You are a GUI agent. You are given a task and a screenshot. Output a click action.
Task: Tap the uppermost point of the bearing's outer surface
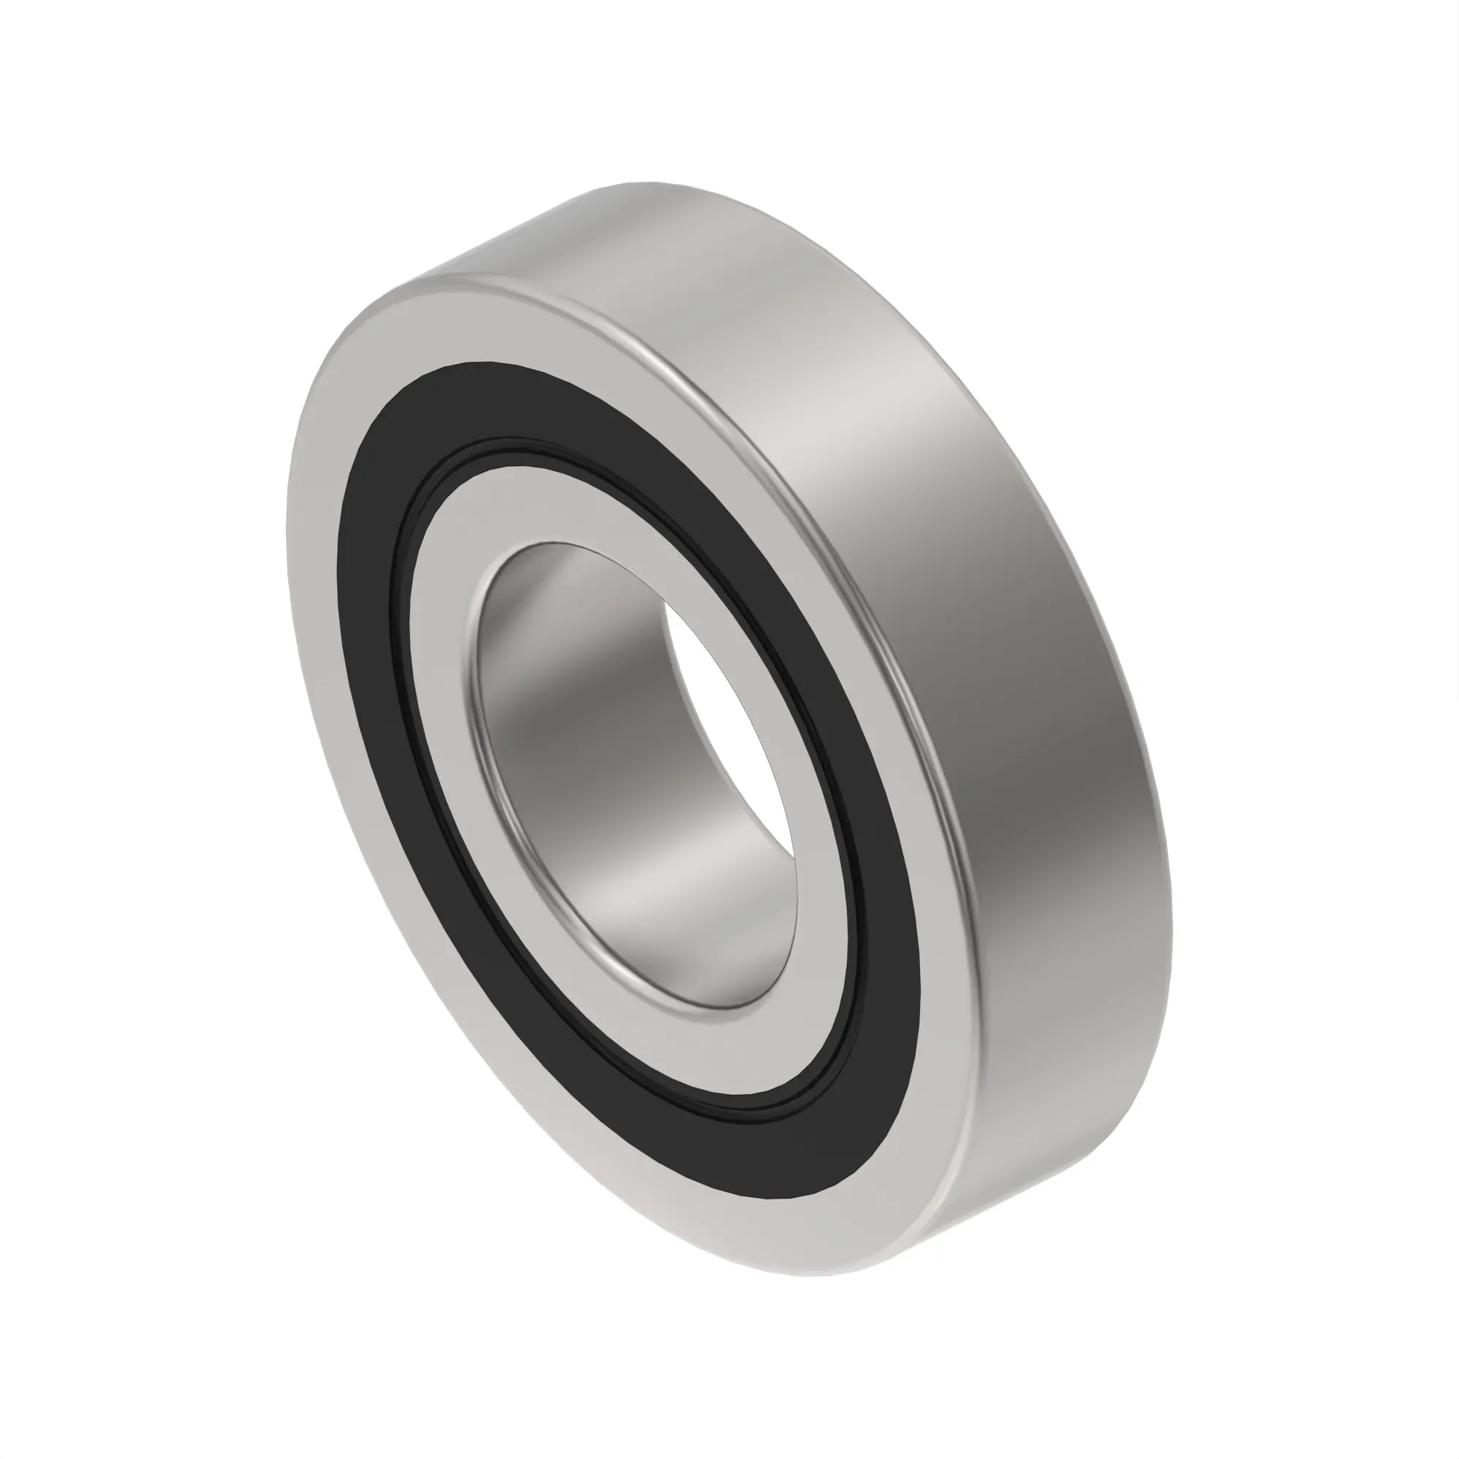pyautogui.click(x=642, y=183)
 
